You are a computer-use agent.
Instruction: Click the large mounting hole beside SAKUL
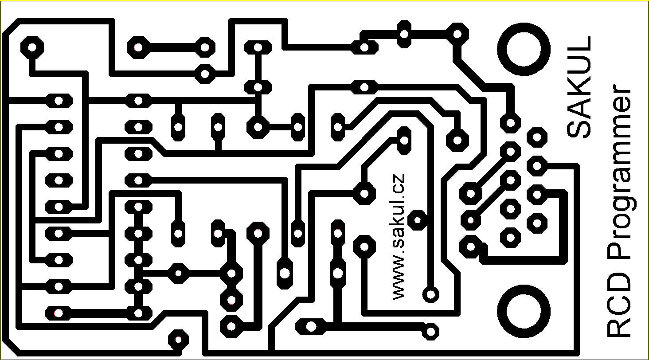[x=524, y=49]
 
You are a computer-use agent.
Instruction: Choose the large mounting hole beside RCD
[x=524, y=312]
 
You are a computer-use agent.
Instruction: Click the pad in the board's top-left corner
[x=32, y=47]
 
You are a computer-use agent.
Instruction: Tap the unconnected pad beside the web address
[x=417, y=220]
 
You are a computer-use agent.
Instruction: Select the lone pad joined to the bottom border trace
[x=178, y=340]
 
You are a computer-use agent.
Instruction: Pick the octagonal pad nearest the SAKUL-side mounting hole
[x=457, y=34]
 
